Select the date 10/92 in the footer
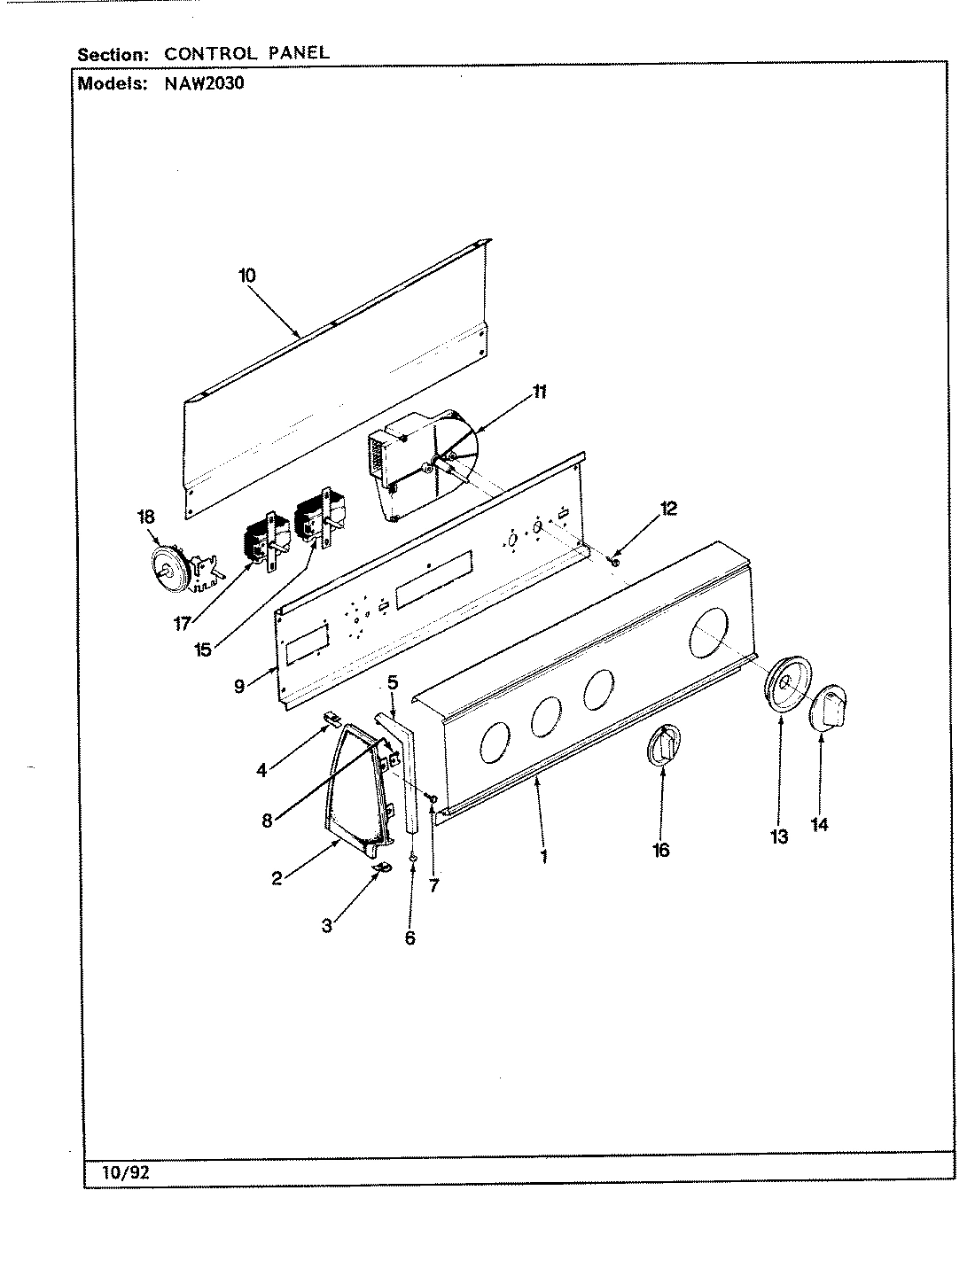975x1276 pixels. tap(116, 1171)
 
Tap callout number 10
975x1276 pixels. tap(246, 276)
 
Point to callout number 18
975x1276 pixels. tap(144, 516)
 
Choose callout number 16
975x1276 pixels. tap(660, 851)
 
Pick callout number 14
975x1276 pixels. tap(819, 825)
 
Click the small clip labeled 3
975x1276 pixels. tap(382, 868)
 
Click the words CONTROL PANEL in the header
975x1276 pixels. tap(246, 52)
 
